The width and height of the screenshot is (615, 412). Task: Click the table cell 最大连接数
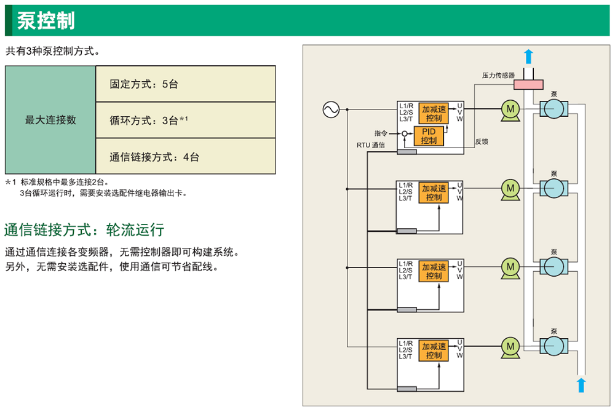[x=50, y=120]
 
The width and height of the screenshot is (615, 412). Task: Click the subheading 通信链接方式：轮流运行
[x=84, y=231]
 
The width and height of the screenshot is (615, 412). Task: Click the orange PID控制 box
[x=429, y=136]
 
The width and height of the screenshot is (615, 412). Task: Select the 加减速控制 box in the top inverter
[x=434, y=113]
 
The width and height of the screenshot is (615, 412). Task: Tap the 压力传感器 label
[x=498, y=75]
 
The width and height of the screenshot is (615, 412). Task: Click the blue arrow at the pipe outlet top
[x=528, y=57]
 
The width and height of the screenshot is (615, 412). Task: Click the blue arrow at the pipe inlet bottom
[x=581, y=385]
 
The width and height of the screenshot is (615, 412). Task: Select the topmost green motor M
[x=510, y=109]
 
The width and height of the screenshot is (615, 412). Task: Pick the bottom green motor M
[x=510, y=346]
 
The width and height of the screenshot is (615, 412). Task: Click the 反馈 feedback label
[x=482, y=142]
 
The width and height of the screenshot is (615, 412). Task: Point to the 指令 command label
[x=381, y=133]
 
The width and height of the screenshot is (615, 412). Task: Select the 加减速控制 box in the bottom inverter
[x=434, y=351]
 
